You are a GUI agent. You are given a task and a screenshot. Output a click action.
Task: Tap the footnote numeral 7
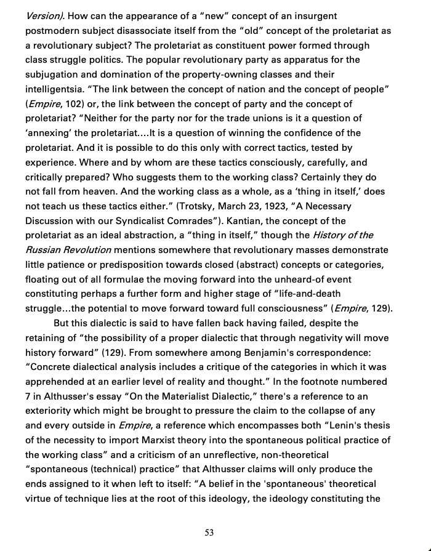(28, 396)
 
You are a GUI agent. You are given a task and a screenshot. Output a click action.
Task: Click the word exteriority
(52, 411)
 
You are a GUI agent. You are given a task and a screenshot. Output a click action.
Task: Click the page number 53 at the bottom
(209, 533)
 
